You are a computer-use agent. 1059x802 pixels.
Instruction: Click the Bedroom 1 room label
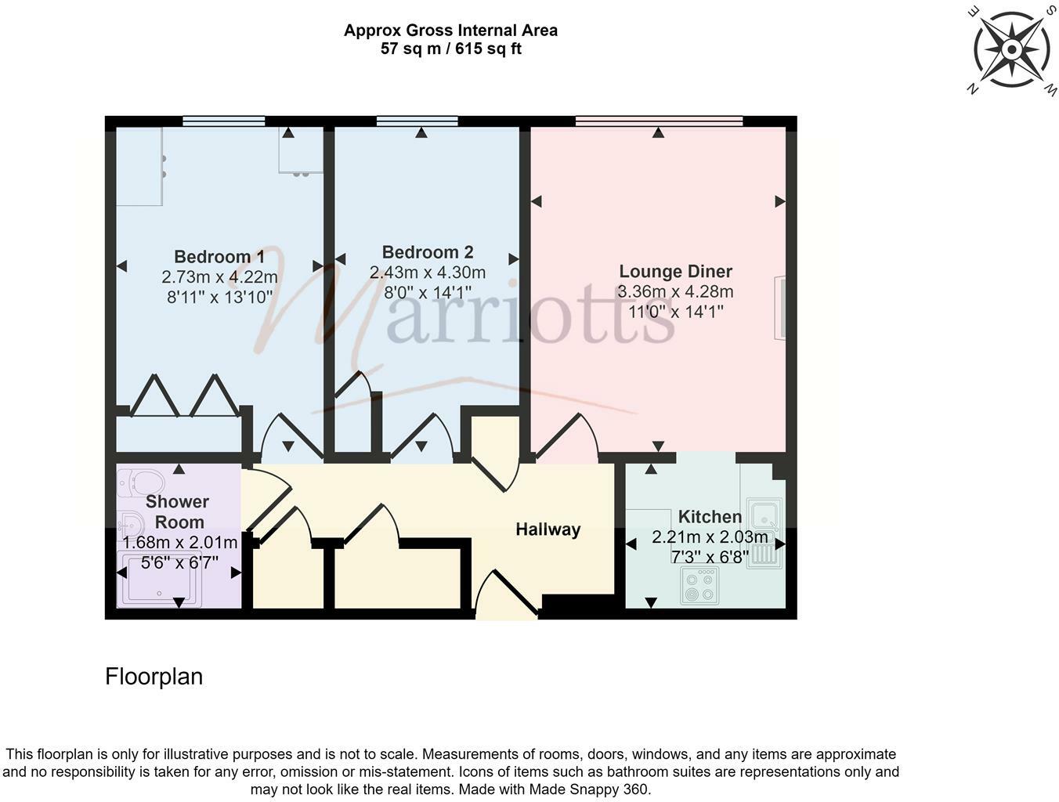pos(219,257)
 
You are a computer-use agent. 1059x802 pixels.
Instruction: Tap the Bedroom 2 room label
pos(428,252)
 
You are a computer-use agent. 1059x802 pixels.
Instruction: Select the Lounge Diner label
pos(675,272)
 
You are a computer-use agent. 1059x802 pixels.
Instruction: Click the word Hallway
pos(548,529)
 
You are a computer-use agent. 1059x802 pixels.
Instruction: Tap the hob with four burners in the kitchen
pos(699,586)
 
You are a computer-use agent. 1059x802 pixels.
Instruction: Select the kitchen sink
pos(762,516)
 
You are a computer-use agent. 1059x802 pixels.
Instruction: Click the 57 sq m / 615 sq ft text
pos(450,49)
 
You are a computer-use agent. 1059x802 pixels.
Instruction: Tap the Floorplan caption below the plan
pos(154,677)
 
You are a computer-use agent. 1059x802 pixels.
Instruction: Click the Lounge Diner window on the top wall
pos(659,121)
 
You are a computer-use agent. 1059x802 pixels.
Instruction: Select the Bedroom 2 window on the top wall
pos(417,121)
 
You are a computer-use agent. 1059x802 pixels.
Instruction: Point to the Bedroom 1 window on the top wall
pos(223,121)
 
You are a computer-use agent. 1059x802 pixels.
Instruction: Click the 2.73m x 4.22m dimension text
pos(219,277)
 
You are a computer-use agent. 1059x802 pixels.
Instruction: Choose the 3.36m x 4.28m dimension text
pos(675,292)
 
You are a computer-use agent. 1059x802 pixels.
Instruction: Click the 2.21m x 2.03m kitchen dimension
pos(710,537)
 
